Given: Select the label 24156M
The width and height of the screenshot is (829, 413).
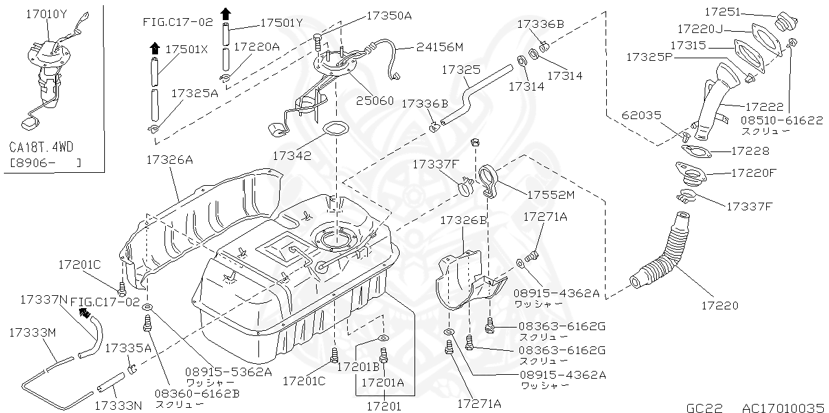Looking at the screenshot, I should click(x=440, y=47).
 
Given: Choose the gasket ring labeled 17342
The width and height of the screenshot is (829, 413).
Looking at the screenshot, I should click(x=334, y=129).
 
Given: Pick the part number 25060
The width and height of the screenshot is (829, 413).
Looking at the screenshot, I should click(x=377, y=102).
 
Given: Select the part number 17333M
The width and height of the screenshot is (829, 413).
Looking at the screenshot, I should click(x=33, y=332).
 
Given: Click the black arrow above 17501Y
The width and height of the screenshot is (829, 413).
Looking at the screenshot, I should click(x=225, y=13).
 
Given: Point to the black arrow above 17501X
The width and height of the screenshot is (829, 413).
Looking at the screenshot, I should click(x=155, y=47).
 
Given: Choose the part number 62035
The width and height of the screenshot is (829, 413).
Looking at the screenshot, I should click(x=641, y=116).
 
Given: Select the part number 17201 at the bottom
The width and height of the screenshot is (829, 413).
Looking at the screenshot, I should click(x=384, y=407).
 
